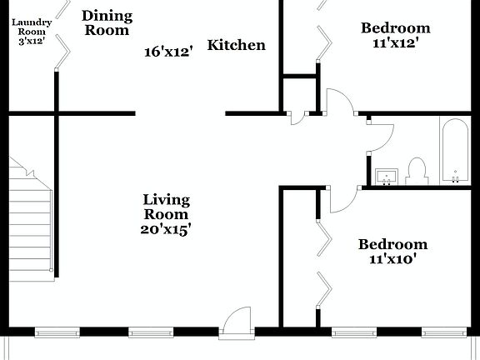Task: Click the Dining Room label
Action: coord(107,22)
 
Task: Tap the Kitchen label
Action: coord(237,45)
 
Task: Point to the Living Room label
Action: coord(167,207)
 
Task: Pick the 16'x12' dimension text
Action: coord(168,52)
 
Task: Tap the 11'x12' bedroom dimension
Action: coord(395,43)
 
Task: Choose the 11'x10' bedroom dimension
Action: coord(392,259)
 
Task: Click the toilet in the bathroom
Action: coord(417,170)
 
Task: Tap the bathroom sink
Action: coord(385,176)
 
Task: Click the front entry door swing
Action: coord(238,321)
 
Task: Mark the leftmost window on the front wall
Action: coord(57,332)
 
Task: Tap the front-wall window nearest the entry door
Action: coord(152,332)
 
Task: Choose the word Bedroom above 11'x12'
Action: coord(395,28)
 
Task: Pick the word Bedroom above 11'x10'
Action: coord(392,244)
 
